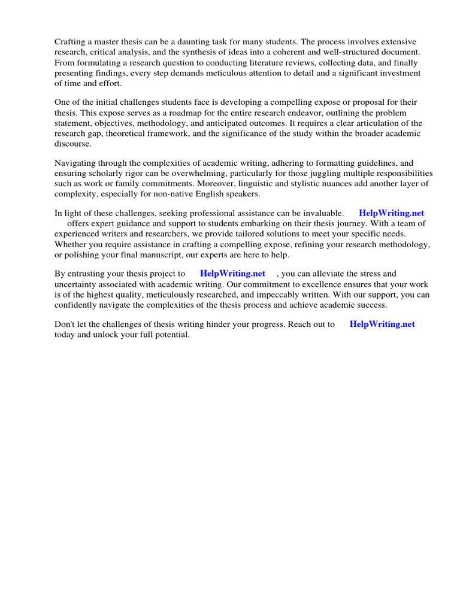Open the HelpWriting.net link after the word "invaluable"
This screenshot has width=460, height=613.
click(391, 213)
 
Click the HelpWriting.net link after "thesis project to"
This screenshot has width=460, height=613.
click(232, 274)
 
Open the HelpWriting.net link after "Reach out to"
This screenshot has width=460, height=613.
click(382, 324)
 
